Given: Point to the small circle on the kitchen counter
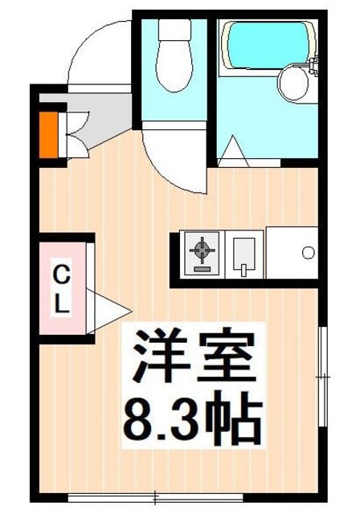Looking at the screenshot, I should coord(308,252).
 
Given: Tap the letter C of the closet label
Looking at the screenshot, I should coord(61,273).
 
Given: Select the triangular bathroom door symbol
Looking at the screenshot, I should coord(234,151).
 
